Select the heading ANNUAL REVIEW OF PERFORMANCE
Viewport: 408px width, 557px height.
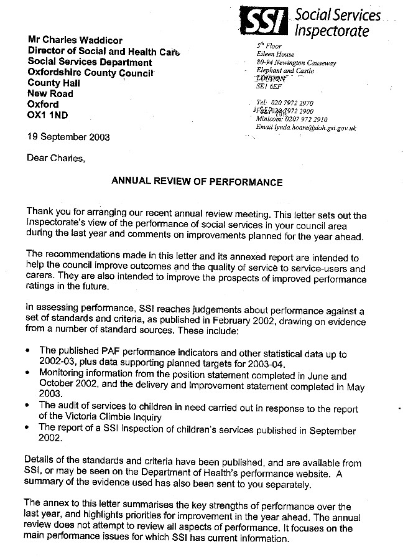pyautogui.click(x=197, y=182)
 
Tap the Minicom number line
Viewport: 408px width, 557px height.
pyautogui.click(x=292, y=119)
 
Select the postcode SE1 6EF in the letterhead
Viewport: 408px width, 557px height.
pyautogui.click(x=269, y=88)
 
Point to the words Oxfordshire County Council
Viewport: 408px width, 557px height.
pyautogui.click(x=91, y=72)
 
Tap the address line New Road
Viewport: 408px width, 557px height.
pyautogui.click(x=50, y=93)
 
